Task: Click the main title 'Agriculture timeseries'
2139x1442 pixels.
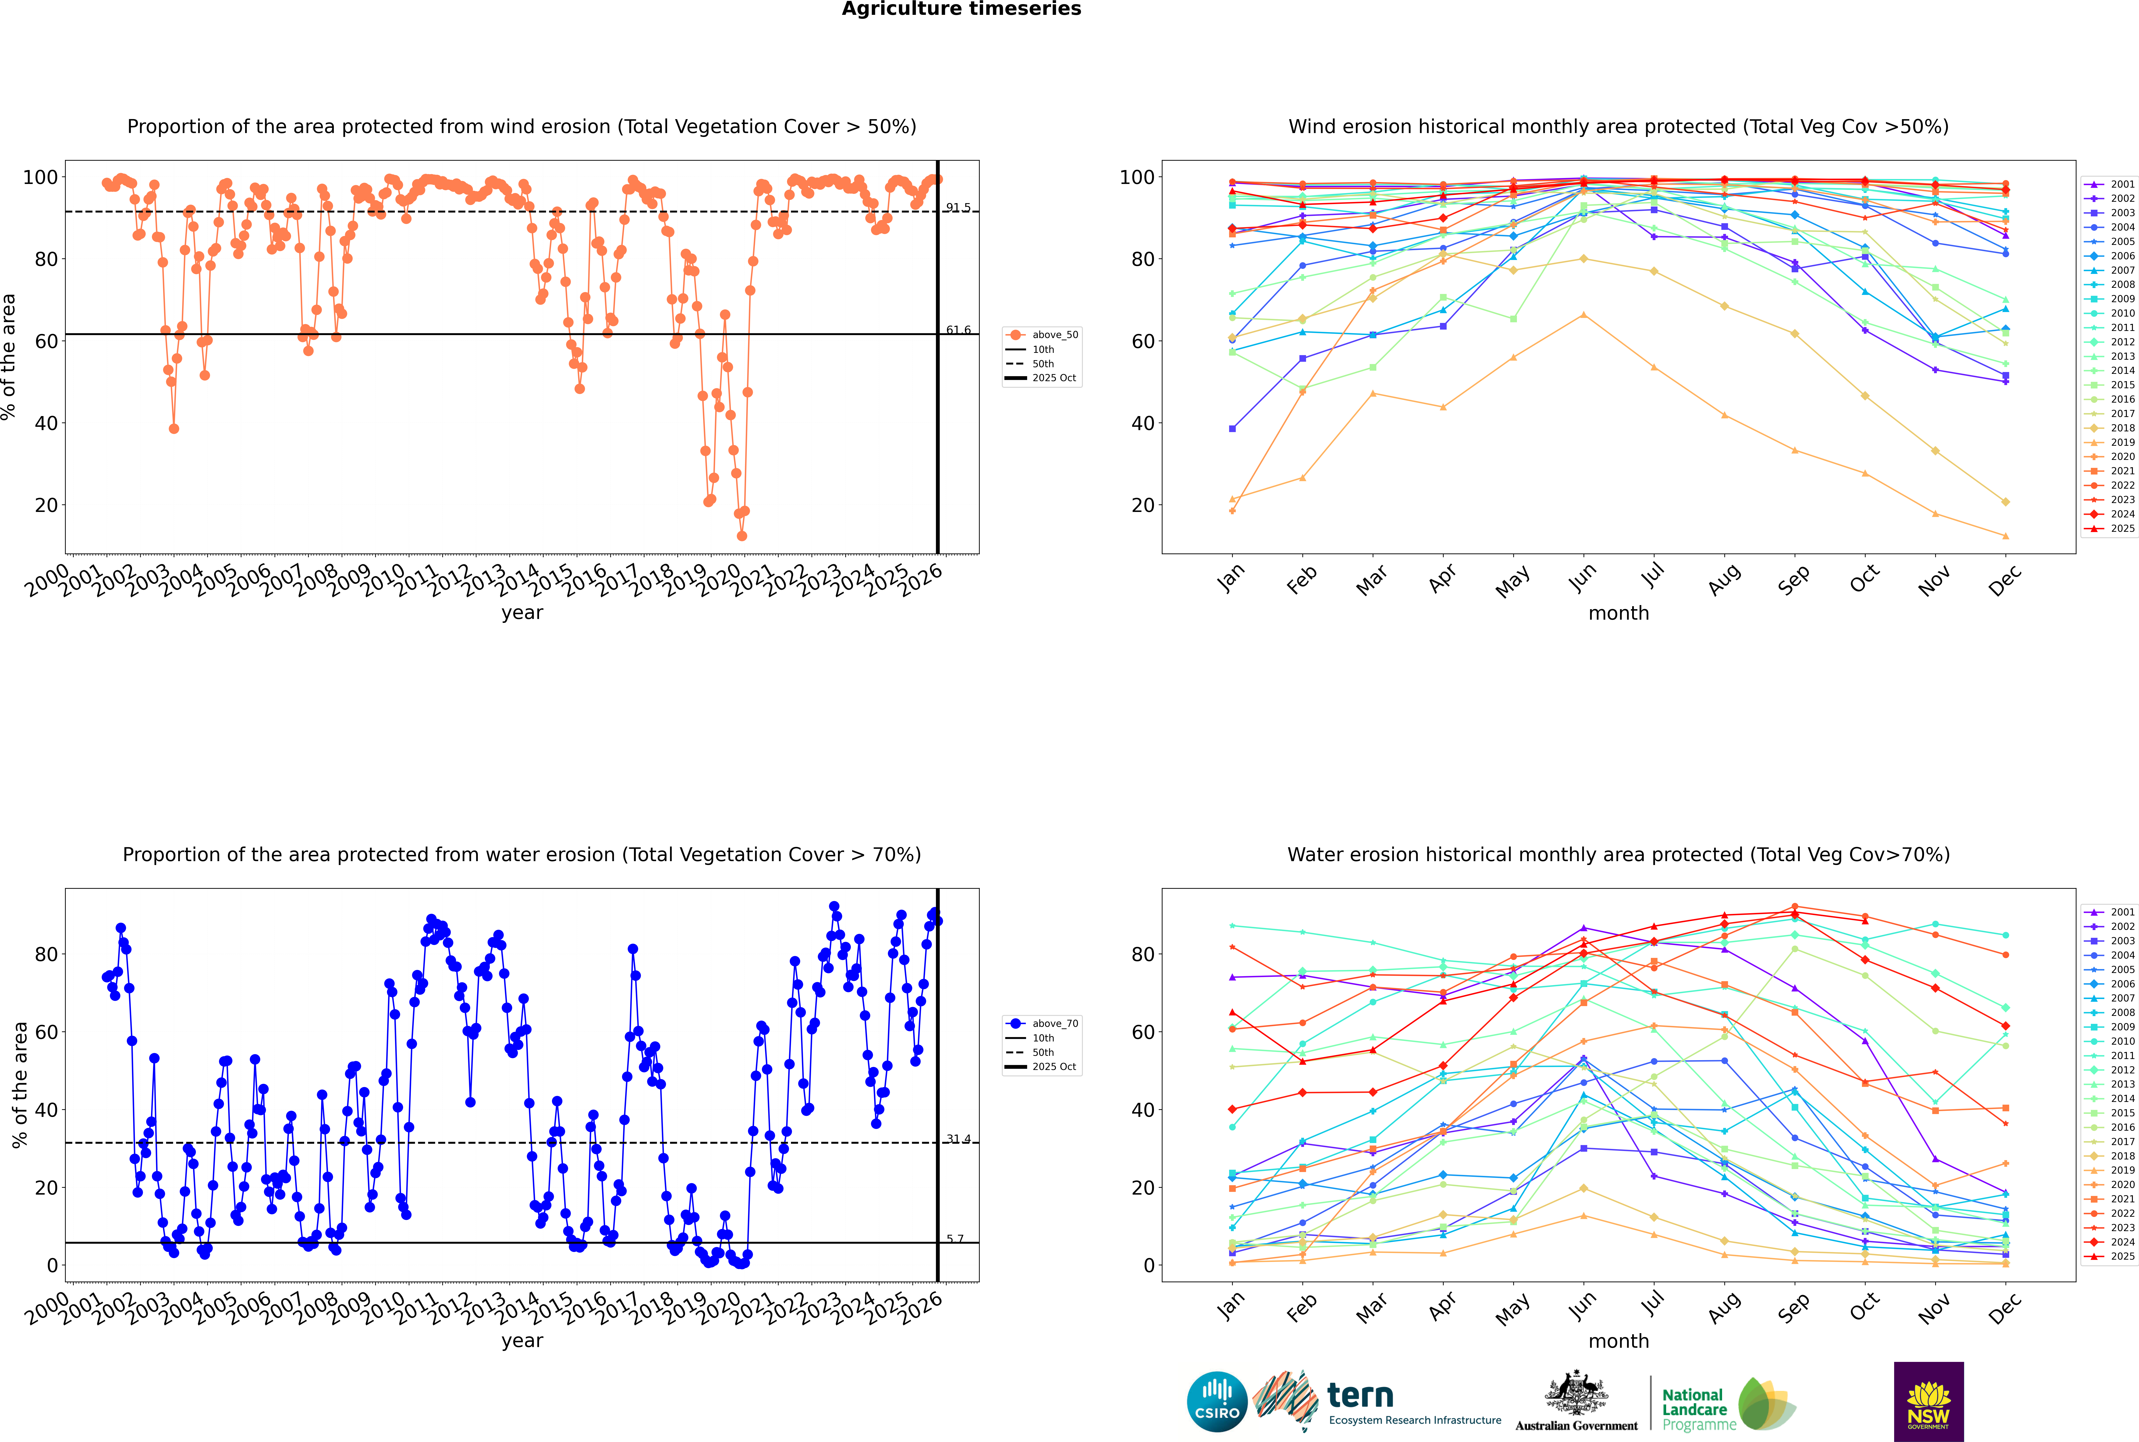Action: pos(961,9)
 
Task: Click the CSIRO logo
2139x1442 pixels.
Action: pos(1217,1402)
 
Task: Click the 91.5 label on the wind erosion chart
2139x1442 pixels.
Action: pos(958,208)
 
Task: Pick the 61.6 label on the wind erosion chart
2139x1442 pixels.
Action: pos(958,330)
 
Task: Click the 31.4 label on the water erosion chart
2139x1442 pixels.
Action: pos(958,1138)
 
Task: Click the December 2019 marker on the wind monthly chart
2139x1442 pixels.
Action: pos(2006,536)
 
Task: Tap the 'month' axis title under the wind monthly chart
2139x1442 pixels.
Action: pos(1618,614)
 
